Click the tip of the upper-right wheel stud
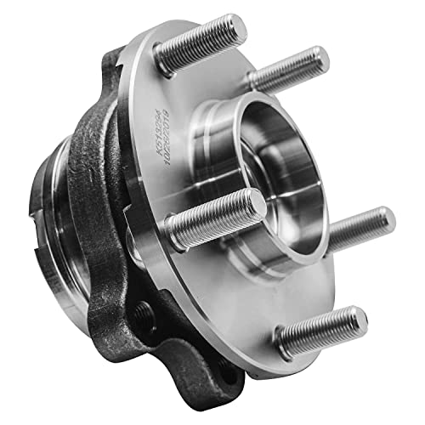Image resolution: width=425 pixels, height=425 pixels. point(321,57)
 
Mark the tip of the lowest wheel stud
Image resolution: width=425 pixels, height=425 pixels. point(359,319)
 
